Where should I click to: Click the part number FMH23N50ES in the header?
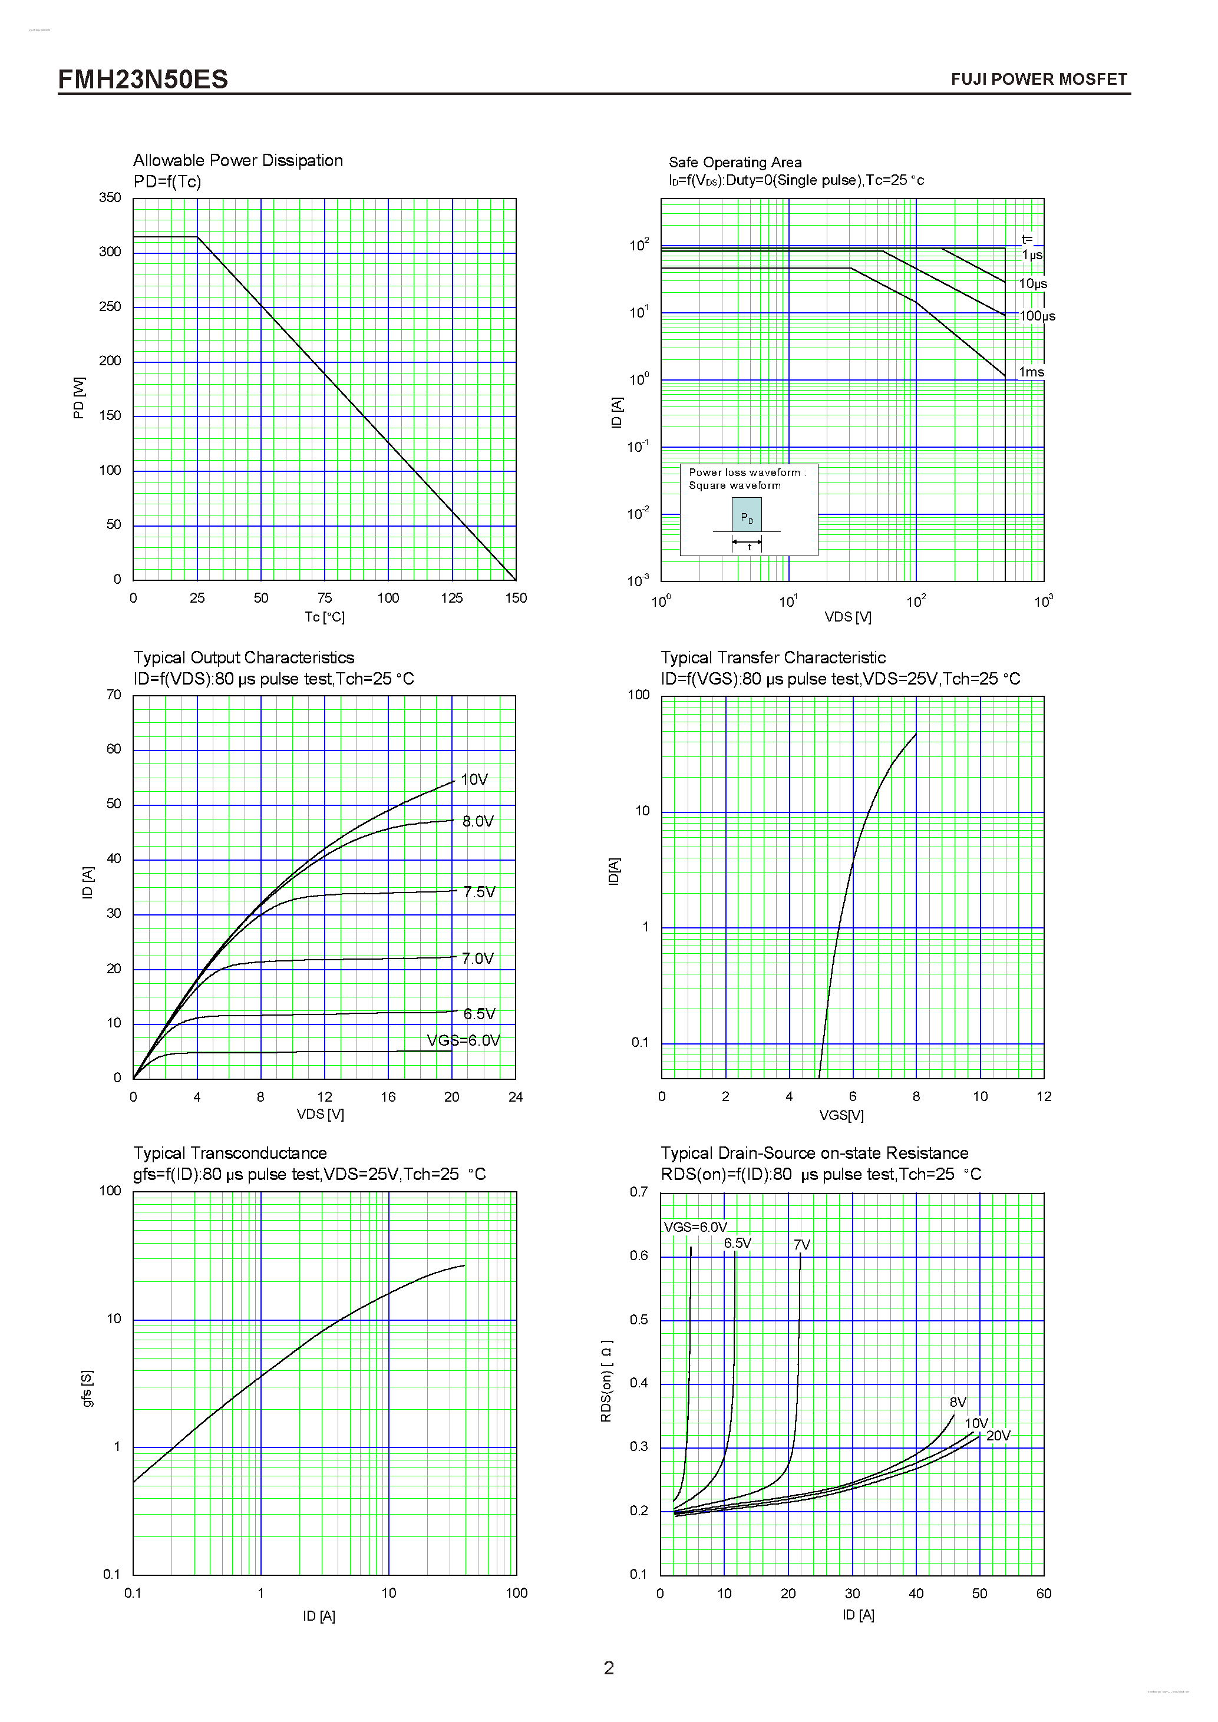[143, 80]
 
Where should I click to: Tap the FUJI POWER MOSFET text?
[1038, 80]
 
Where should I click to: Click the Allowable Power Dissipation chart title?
[237, 160]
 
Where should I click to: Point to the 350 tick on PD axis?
[110, 197]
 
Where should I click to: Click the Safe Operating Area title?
[734, 162]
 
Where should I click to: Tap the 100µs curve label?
[1037, 316]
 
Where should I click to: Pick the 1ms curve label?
[1031, 372]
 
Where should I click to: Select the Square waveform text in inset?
[734, 485]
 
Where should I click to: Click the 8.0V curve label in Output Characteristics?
[478, 821]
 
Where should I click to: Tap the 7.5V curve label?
[479, 892]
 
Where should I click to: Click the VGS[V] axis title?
[841, 1115]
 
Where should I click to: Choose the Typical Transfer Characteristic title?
[773, 657]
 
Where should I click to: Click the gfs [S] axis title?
[87, 1388]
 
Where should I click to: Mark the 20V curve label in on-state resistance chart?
[998, 1436]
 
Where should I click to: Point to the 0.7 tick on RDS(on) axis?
[638, 1192]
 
